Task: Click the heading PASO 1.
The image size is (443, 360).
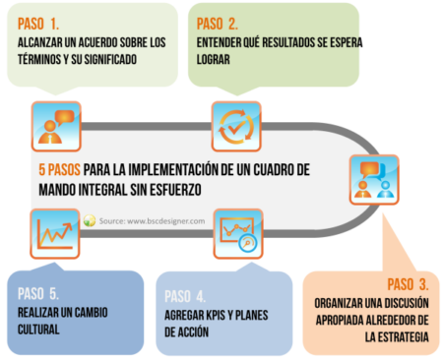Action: point(38,24)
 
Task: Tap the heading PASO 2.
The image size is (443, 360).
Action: point(218,24)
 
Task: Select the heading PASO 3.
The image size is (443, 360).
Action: point(408,284)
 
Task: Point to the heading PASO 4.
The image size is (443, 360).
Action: point(185,296)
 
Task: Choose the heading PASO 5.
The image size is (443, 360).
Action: point(38,294)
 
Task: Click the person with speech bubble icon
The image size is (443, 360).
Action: point(56,127)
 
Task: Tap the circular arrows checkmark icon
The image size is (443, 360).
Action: point(236,127)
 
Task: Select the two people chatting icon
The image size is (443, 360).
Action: point(374,180)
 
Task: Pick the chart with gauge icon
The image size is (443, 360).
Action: point(238,234)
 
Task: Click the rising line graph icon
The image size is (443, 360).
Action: point(55,234)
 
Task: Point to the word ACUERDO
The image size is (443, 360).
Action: point(97,42)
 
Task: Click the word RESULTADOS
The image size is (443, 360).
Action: point(288,42)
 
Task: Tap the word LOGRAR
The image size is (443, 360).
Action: point(214,60)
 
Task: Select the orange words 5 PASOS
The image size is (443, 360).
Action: point(59,170)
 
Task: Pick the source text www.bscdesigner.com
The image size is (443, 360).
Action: point(166,221)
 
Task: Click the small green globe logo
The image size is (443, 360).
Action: point(90,220)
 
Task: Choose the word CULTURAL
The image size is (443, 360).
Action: point(38,330)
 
